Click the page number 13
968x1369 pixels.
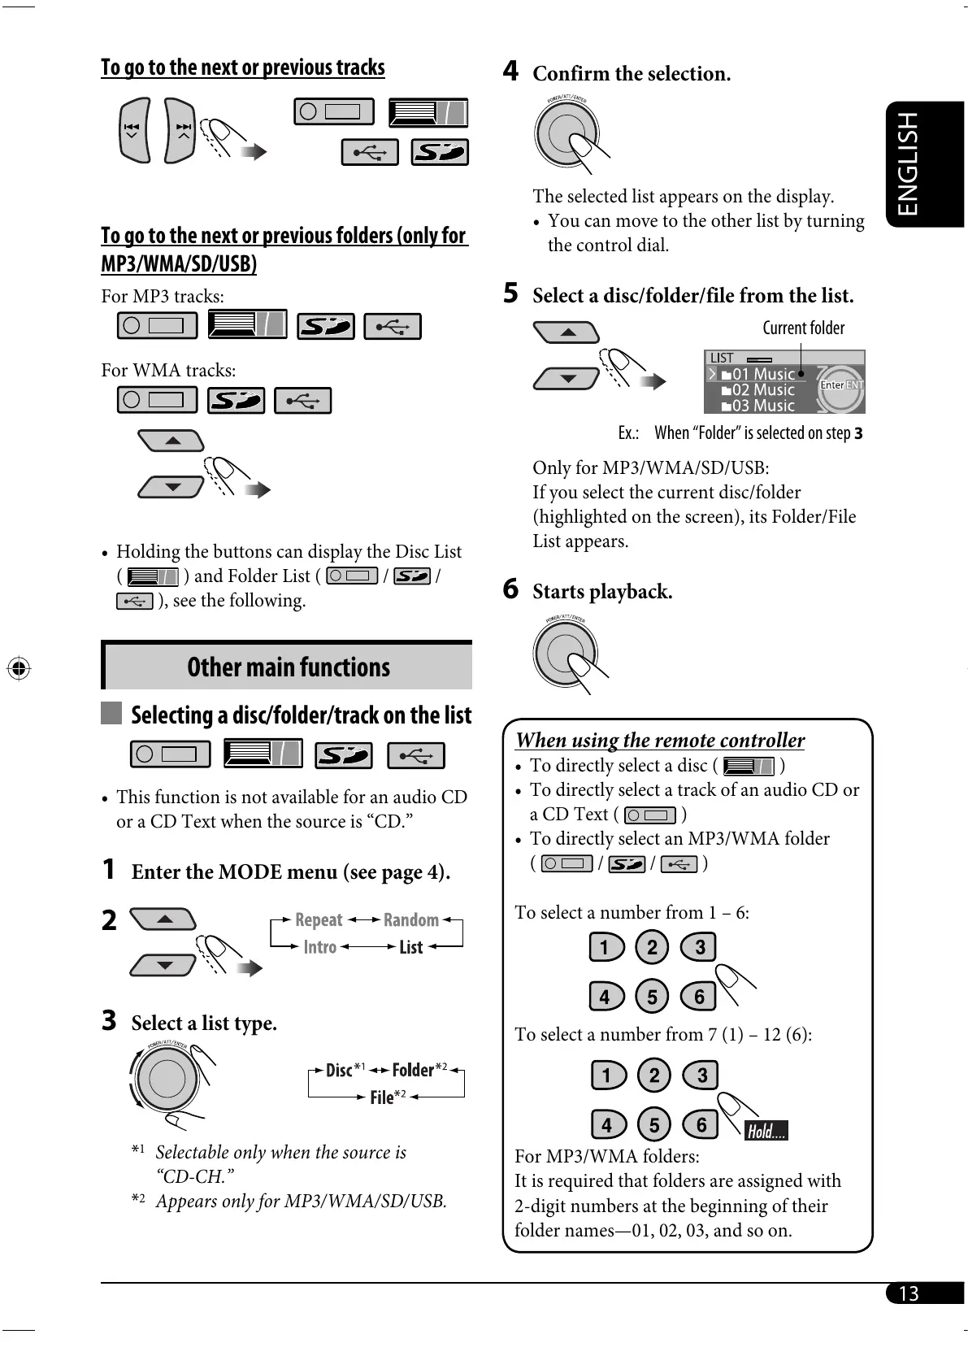(909, 1293)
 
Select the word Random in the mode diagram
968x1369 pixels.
(410, 920)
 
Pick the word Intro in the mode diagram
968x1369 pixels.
(320, 947)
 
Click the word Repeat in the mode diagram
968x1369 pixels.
(319, 920)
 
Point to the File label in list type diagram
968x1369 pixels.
(382, 1097)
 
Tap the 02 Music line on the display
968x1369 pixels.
(762, 390)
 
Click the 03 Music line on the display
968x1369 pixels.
(762, 406)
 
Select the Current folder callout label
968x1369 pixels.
(803, 328)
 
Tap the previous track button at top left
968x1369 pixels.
(134, 130)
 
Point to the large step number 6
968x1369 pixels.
(510, 589)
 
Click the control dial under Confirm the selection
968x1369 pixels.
(566, 133)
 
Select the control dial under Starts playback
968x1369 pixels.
(565, 653)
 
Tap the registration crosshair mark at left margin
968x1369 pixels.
(19, 669)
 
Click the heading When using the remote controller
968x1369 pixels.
(660, 741)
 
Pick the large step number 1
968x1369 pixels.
(109, 870)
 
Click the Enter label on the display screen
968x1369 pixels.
(831, 385)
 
